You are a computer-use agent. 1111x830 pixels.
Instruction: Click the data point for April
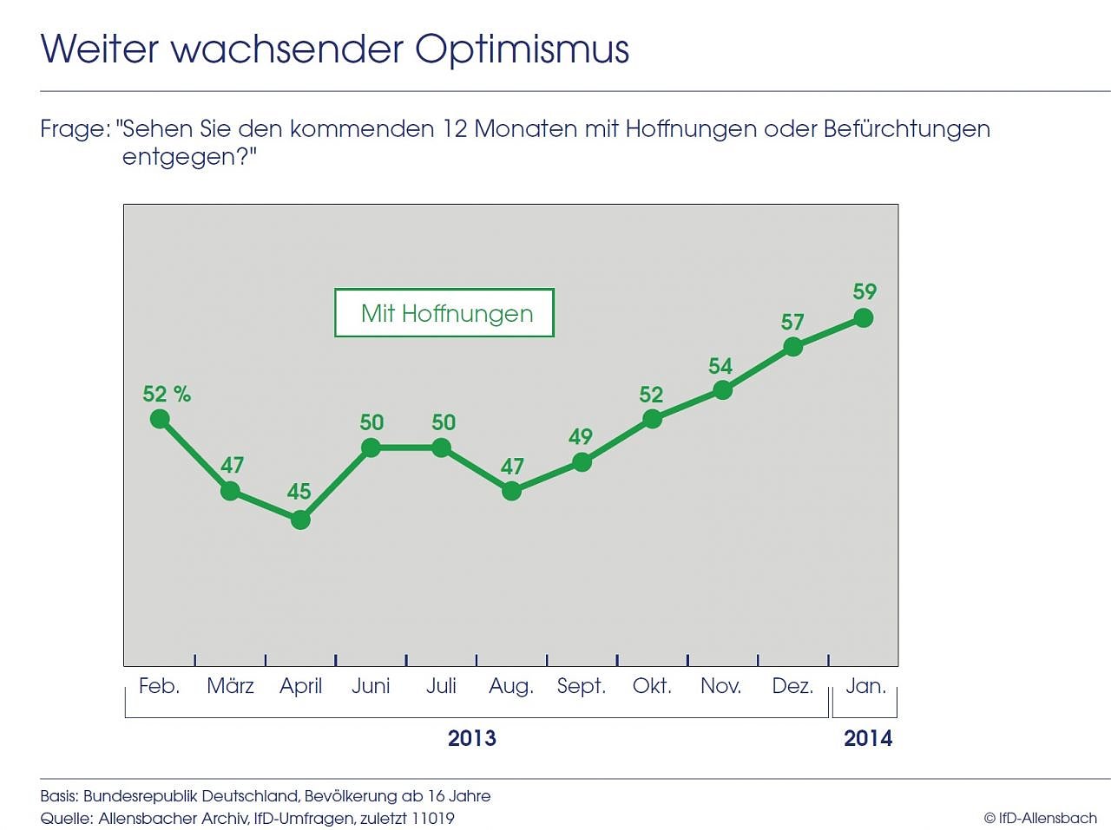300,520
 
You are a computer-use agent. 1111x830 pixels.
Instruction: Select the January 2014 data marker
864,318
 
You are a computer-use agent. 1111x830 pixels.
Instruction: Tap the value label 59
864,291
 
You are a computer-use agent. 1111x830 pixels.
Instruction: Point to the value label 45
299,492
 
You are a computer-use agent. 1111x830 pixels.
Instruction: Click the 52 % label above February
167,394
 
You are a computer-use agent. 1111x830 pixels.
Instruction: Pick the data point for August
512,491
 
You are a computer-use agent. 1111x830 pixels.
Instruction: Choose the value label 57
792,322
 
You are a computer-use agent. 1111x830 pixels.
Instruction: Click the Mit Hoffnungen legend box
444,313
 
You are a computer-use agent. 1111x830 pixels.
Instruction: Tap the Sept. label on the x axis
581,686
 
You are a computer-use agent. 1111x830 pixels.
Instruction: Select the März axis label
230,686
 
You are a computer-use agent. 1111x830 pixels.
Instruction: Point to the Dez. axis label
792,686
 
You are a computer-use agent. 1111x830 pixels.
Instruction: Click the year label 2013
471,738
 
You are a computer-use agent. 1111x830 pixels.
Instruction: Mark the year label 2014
868,738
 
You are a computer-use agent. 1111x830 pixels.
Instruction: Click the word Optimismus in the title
522,49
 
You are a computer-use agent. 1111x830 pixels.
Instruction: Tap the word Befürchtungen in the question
906,129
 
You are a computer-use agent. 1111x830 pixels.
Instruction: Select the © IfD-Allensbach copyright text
1040,818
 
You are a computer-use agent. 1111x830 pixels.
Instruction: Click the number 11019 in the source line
432,818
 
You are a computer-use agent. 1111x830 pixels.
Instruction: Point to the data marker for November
722,390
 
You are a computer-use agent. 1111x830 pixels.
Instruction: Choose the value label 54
720,366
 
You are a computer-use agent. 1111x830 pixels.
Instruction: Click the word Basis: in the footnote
59,796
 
